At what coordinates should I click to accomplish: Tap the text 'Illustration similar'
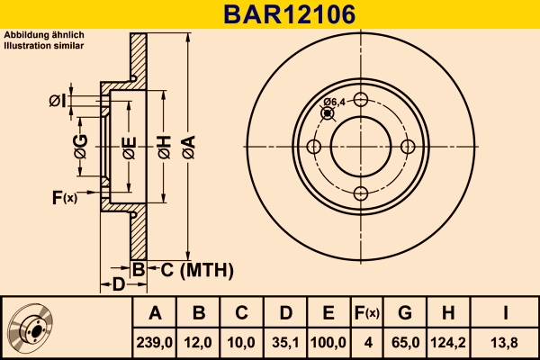pyautogui.click(x=44, y=44)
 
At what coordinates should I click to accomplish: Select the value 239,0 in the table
pyautogui.click(x=155, y=342)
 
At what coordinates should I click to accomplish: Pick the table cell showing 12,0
pyautogui.click(x=199, y=342)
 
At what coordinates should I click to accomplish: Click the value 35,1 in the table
pyautogui.click(x=285, y=342)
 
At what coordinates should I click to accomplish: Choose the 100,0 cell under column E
pyautogui.click(x=328, y=342)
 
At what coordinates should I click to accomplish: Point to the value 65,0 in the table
pyautogui.click(x=405, y=342)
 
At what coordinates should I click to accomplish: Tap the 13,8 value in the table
pyautogui.click(x=506, y=342)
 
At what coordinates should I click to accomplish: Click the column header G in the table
pyautogui.click(x=405, y=313)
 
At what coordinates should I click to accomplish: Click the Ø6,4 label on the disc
pyautogui.click(x=335, y=102)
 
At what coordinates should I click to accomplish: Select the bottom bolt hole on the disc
pyautogui.click(x=359, y=193)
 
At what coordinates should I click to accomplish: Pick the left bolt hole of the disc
pyautogui.click(x=313, y=148)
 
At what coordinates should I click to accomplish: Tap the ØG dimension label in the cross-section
pyautogui.click(x=79, y=144)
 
